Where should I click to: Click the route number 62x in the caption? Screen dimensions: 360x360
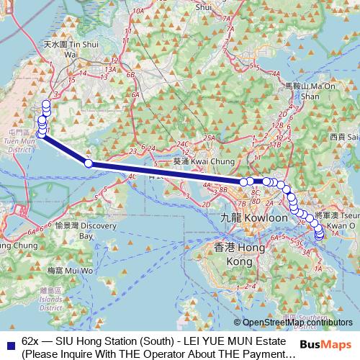tap(31, 341)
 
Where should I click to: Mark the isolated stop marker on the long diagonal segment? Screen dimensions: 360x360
tap(89, 163)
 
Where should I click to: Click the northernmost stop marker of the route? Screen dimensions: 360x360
tap(47, 104)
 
